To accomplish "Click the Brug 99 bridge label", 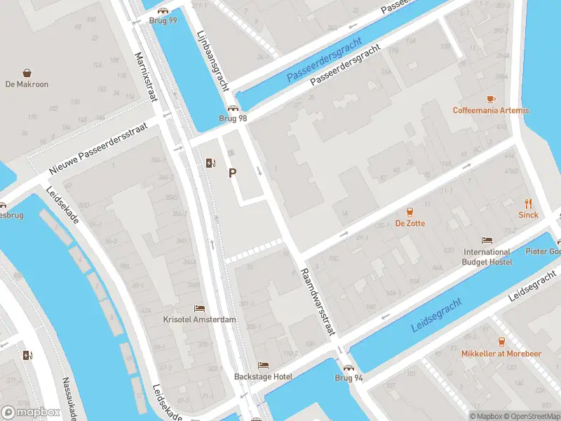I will click(163, 20).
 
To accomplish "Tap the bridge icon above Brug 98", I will click(233, 109).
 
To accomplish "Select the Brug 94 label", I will click(349, 377).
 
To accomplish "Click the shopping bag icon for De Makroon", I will click(27, 73).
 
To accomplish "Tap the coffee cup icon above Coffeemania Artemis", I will click(491, 99).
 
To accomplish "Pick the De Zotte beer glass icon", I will click(410, 212).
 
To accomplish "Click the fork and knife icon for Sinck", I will click(529, 203).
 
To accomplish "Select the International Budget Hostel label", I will click(487, 257).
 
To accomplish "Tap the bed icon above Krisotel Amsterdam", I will click(200, 308).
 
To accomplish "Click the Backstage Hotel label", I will click(263, 377).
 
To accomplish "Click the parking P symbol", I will click(232, 173).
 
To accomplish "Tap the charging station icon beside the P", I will click(210, 163).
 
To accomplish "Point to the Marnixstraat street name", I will click(148, 76).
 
